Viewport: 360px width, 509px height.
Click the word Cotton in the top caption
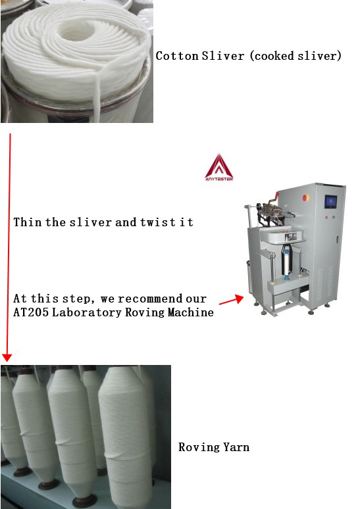point(177,56)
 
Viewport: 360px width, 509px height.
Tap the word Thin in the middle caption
point(28,222)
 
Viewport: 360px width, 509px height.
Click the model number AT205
point(31,312)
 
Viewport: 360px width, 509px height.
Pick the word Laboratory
point(86,312)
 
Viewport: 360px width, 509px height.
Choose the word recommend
point(150,299)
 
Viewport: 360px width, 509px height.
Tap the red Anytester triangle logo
point(219,167)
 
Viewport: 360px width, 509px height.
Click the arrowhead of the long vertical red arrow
point(7,358)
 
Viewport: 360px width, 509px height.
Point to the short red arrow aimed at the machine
point(232,301)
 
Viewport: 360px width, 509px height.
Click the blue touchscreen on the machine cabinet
point(330,202)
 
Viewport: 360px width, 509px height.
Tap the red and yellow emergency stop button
point(305,198)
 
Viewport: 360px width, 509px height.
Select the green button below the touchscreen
point(334,217)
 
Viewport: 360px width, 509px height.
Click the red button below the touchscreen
point(326,217)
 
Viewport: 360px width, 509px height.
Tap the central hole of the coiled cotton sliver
point(76,32)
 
